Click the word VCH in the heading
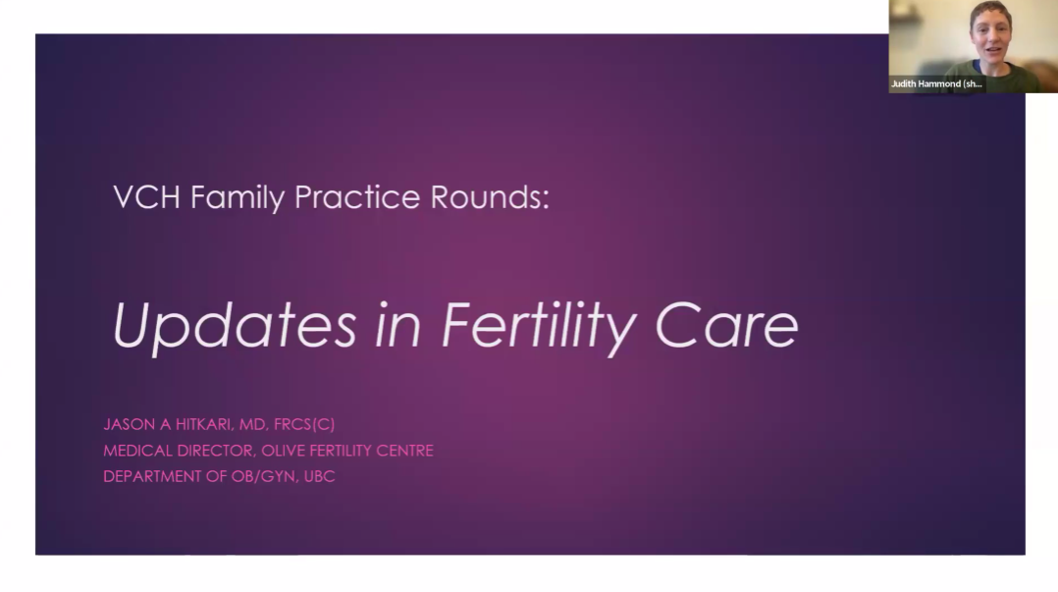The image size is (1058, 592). [x=146, y=197]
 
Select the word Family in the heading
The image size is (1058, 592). [x=238, y=198]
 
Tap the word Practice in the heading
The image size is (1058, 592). [x=357, y=197]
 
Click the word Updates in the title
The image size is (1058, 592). [x=235, y=327]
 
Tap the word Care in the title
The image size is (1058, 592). [x=726, y=325]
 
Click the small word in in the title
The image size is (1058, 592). [x=398, y=325]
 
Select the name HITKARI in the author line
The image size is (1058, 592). [x=203, y=424]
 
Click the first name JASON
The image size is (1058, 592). [x=130, y=424]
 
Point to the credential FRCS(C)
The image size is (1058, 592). [x=304, y=424]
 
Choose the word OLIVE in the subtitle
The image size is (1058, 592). [x=283, y=451]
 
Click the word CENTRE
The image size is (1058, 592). [x=404, y=451]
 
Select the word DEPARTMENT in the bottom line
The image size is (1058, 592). [x=152, y=476]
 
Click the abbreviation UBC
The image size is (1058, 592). [x=319, y=476]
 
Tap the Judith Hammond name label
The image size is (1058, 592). [x=936, y=83]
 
